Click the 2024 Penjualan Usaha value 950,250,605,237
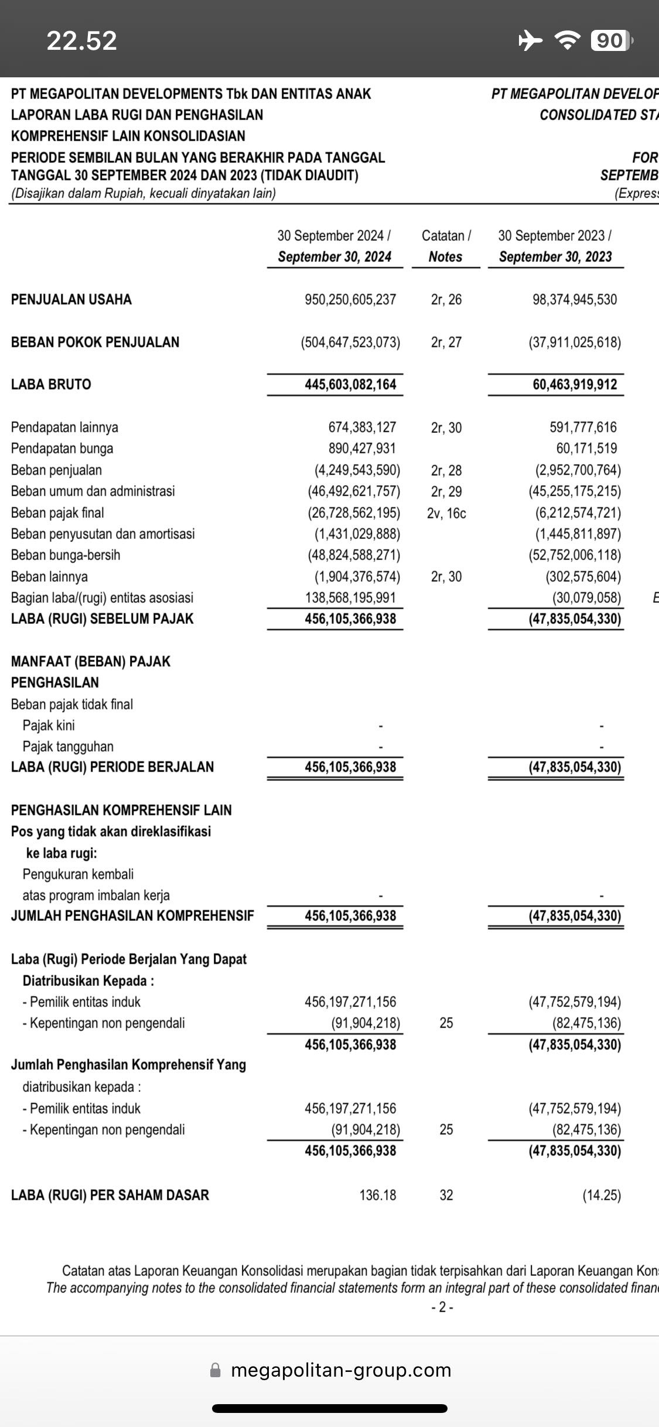(350, 300)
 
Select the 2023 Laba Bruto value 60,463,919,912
(574, 385)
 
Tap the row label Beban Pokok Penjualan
(95, 342)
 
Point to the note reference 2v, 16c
(446, 513)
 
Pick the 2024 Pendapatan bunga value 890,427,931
(362, 449)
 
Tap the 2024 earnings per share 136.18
(377, 1195)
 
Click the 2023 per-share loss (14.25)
(601, 1195)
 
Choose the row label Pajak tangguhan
(68, 746)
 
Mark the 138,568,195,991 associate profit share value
(350, 598)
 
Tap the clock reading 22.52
(81, 40)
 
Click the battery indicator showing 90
(612, 40)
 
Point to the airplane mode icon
(531, 40)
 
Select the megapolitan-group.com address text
(341, 1370)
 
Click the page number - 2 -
(442, 1307)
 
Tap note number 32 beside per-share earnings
(446, 1195)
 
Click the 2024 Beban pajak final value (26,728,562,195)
(354, 513)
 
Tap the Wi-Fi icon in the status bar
(567, 40)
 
